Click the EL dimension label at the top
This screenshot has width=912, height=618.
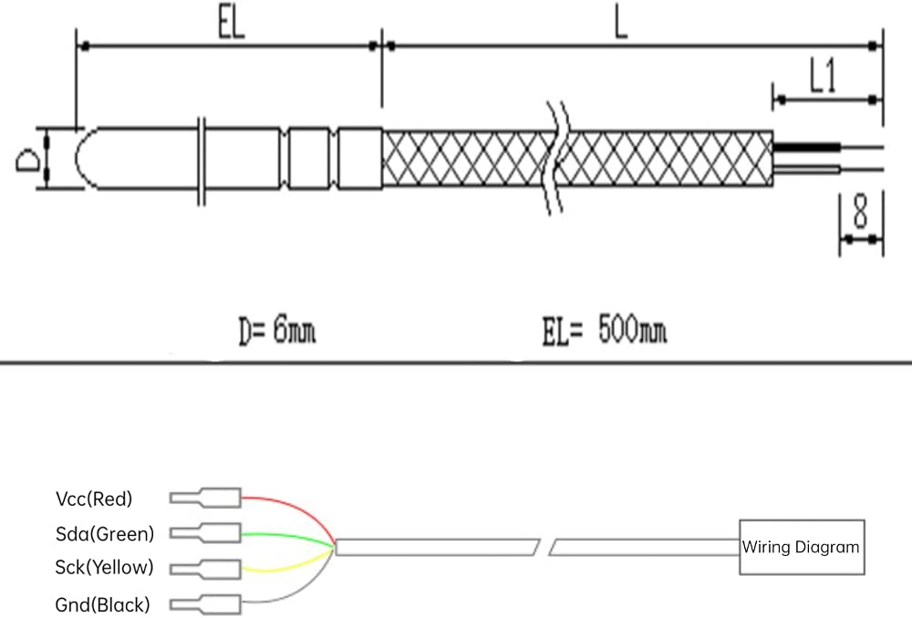pos(232,25)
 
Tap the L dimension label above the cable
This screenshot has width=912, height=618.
pos(621,25)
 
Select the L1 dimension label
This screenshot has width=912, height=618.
pos(824,77)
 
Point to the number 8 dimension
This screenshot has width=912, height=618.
pos(860,211)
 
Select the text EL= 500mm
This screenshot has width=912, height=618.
pos(605,330)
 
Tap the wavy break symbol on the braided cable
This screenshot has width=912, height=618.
pos(556,158)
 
